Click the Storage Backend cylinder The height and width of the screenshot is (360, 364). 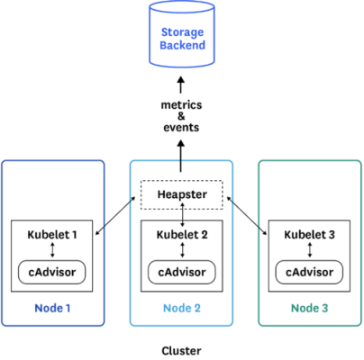tap(182, 34)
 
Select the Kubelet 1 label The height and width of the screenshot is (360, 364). tap(52, 235)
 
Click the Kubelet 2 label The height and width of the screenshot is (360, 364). tap(182, 235)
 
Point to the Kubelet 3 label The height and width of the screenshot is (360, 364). tap(309, 235)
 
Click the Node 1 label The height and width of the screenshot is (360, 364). tap(52, 308)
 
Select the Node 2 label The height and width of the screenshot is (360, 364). tap(182, 308)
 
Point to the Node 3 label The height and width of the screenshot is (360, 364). tap(310, 308)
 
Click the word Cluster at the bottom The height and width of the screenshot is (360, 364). tap(181, 351)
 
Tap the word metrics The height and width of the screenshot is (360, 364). tap(181, 105)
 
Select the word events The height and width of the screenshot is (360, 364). tap(181, 128)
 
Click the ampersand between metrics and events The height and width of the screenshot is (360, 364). tap(181, 116)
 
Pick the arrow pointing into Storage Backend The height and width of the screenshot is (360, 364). tap(181, 85)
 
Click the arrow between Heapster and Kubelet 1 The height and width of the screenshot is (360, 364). tap(115, 216)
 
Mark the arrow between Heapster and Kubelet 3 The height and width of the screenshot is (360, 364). tap(247, 216)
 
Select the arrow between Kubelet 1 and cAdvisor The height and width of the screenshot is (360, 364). tap(52, 250)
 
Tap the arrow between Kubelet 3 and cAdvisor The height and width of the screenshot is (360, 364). tap(310, 250)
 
